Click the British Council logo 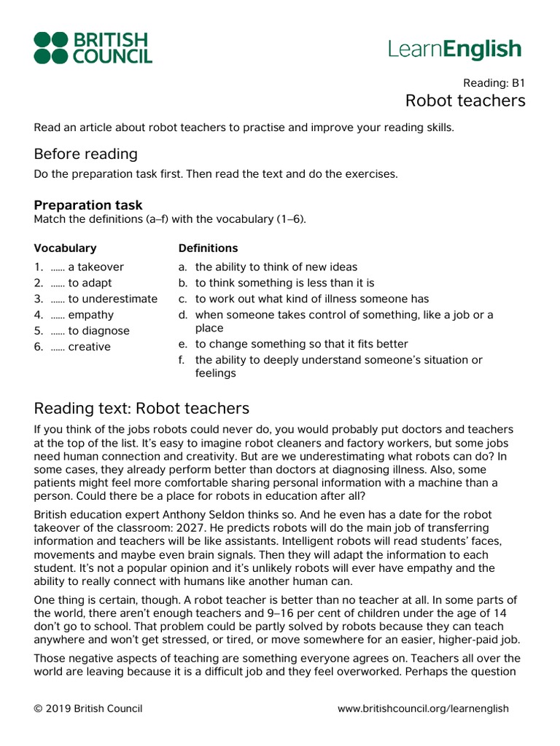[93, 47]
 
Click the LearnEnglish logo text [454, 49]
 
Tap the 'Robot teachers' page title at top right [464, 101]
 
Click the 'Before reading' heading [85, 154]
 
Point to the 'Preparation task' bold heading [88, 205]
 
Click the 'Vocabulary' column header [65, 248]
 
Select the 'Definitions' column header [208, 248]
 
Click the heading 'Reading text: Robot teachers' [141, 408]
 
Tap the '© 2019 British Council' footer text [88, 709]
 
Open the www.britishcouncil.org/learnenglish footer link [423, 709]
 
